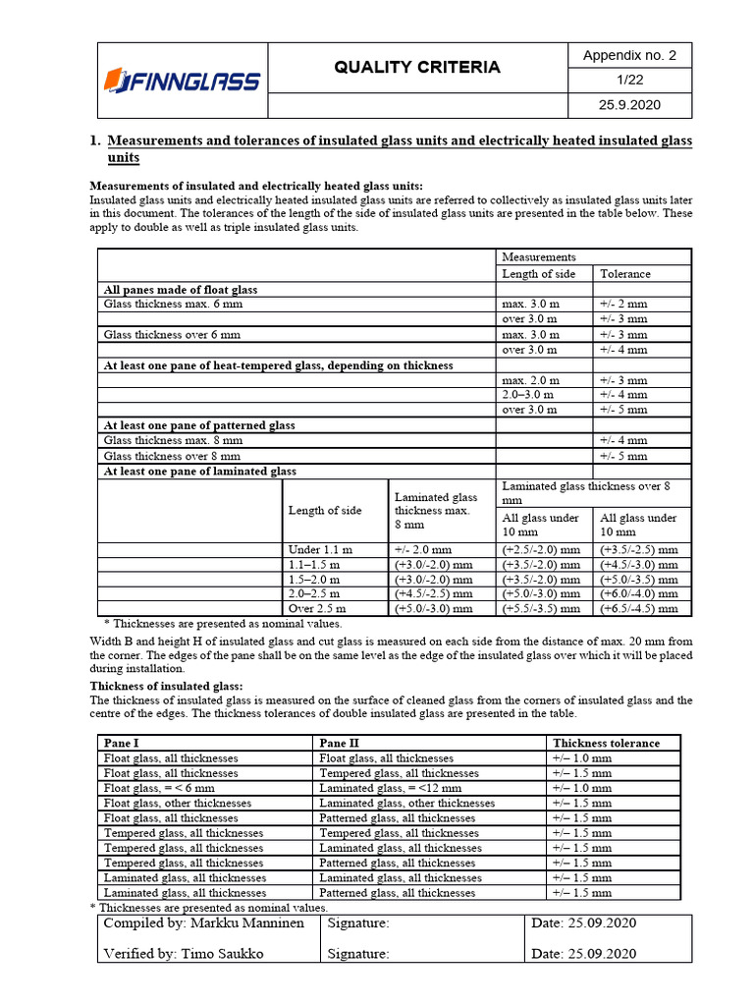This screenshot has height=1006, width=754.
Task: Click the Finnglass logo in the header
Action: coord(182,81)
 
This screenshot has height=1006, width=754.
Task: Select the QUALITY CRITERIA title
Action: coord(417,67)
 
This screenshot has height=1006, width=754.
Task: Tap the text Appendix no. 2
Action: coord(629,55)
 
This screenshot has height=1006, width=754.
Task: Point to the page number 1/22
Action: coord(629,81)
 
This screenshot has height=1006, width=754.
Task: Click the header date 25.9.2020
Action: coord(629,106)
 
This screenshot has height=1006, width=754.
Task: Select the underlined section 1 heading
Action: coord(399,149)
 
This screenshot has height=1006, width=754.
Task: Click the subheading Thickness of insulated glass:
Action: coord(166,686)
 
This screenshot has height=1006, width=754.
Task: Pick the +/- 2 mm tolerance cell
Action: coord(623,305)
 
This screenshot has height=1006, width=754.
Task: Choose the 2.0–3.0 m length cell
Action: coord(531,395)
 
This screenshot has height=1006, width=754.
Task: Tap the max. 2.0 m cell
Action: coord(531,380)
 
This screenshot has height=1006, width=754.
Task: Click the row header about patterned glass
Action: coord(199,425)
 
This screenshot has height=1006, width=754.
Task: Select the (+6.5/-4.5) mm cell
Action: coord(639,609)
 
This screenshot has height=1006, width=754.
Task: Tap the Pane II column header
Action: coord(340,744)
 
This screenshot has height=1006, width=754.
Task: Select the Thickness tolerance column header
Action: coord(606,744)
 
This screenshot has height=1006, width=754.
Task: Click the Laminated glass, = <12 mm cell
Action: coord(390,788)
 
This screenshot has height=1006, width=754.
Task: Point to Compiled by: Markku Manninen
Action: coord(204,924)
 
